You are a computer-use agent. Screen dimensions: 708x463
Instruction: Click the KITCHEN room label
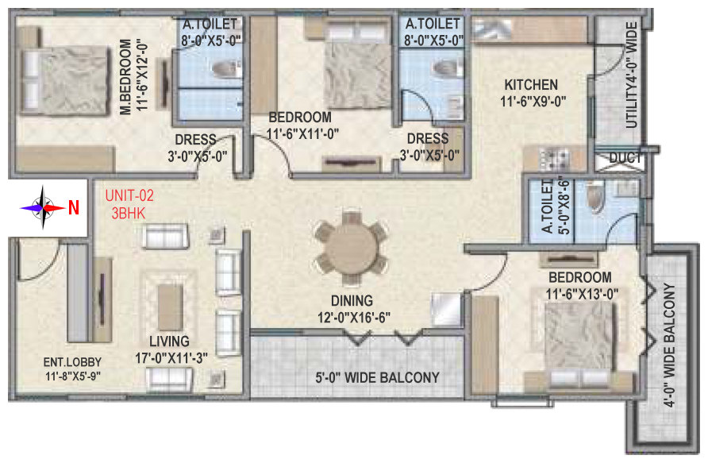[x=531, y=85]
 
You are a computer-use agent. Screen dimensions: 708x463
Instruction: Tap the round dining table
[x=352, y=248]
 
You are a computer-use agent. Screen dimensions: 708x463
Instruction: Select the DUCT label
[x=625, y=158]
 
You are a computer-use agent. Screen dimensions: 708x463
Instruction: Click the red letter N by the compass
[x=74, y=208]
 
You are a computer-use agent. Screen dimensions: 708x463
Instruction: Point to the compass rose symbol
[x=43, y=208]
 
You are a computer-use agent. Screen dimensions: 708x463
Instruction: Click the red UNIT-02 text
[x=129, y=195]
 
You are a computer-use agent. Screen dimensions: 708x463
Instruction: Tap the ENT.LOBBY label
[x=72, y=362]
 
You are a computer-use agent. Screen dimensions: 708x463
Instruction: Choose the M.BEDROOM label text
[x=126, y=77]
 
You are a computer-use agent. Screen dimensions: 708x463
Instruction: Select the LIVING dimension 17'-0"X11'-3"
[x=171, y=358]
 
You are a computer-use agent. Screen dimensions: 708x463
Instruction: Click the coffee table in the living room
[x=170, y=307]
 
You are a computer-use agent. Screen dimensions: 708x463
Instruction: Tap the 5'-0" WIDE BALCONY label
[x=378, y=378]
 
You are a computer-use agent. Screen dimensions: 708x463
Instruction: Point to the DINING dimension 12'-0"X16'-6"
[x=353, y=318]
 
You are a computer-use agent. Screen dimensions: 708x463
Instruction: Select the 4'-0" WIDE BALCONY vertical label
[x=670, y=345]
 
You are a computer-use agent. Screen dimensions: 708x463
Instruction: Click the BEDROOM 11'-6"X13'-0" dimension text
[x=582, y=294]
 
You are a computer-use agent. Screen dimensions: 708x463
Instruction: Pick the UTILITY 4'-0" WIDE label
[x=631, y=75]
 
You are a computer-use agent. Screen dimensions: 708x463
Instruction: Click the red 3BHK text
[x=129, y=213]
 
